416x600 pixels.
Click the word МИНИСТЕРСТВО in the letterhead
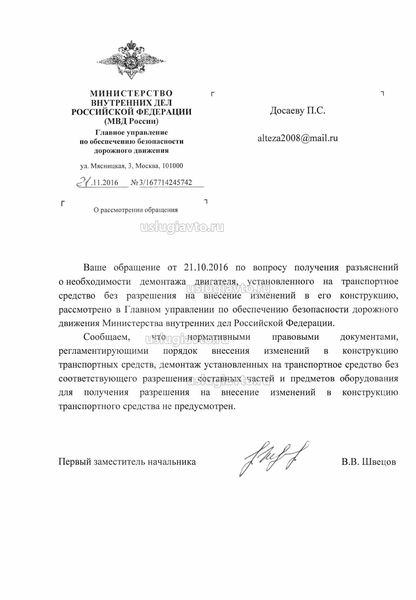coord(131,93)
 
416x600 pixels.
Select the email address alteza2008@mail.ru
coord(298,138)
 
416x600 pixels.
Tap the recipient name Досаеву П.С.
coord(298,111)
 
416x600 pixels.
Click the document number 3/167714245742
coord(166,182)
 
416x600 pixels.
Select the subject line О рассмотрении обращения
coord(136,210)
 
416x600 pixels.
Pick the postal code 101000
coord(172,166)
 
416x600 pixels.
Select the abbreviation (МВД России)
coord(131,121)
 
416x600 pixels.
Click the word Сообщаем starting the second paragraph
coord(107,337)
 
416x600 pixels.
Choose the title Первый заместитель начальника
coord(127,462)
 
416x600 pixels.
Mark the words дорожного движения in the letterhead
coord(131,151)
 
